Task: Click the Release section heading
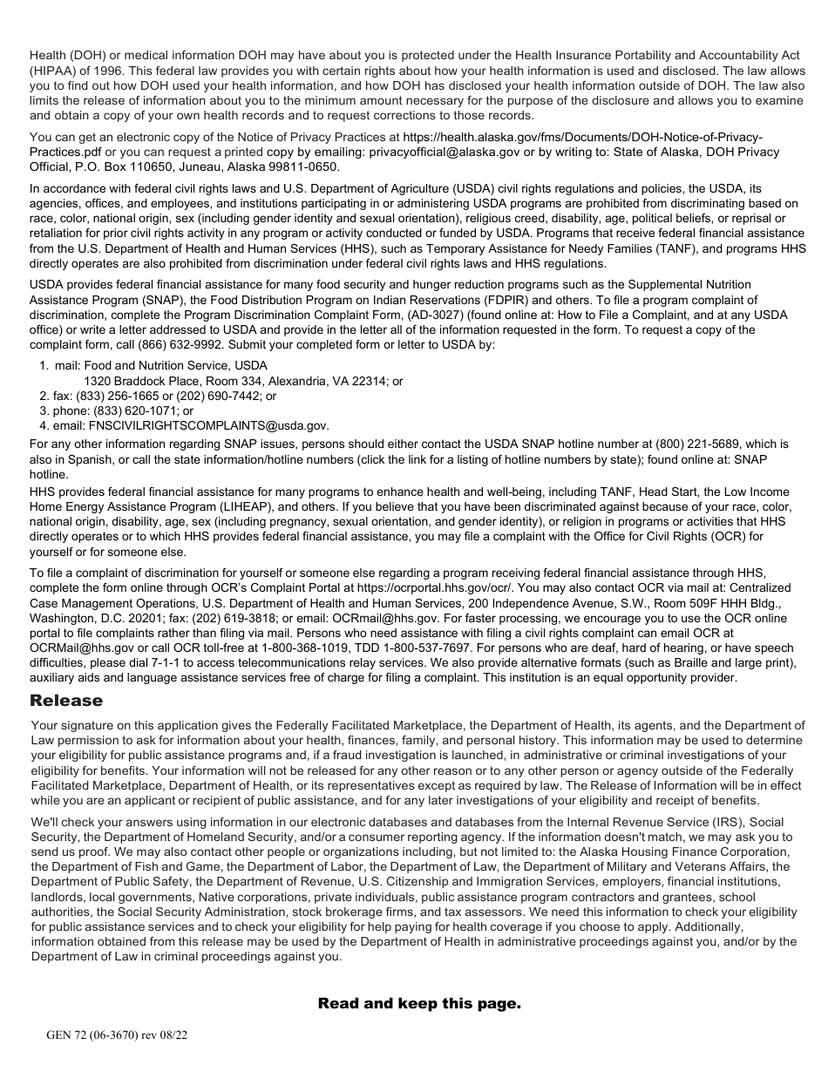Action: (66, 701)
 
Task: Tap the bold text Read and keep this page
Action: (419, 1003)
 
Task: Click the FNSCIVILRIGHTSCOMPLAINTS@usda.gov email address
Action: (208, 425)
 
